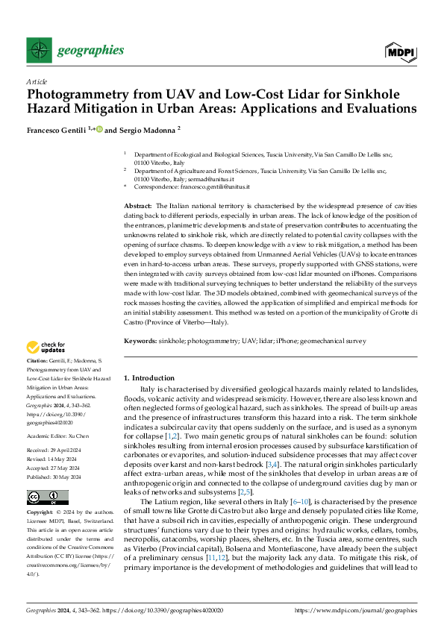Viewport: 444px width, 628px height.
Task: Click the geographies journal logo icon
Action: point(38,51)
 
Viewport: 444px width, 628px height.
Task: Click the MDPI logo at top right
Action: point(401,51)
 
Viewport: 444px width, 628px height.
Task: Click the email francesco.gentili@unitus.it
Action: point(210,187)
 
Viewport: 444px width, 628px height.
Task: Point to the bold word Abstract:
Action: point(137,205)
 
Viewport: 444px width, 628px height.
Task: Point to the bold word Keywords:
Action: point(140,339)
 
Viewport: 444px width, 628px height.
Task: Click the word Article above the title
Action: point(37,81)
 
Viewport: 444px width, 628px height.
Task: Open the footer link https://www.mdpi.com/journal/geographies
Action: point(356,610)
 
